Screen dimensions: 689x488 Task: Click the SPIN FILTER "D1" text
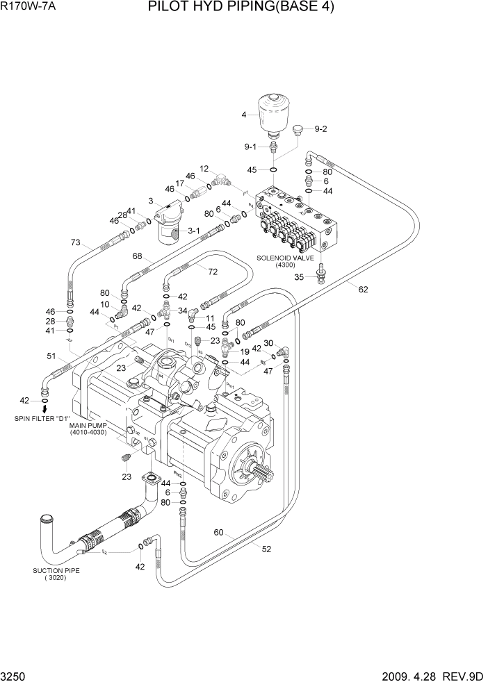[42, 419]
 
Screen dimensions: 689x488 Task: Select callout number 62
[363, 289]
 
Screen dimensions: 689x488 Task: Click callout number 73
[76, 242]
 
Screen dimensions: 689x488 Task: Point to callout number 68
[137, 257]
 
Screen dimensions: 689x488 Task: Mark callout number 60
[219, 533]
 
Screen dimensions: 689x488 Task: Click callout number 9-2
[320, 128]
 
